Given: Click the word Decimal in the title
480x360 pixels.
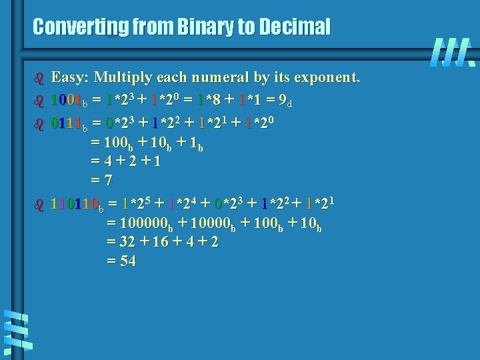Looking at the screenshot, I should tap(295, 27).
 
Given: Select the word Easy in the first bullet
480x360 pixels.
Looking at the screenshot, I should tap(69, 77).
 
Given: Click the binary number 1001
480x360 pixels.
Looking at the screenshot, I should tap(70, 101).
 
